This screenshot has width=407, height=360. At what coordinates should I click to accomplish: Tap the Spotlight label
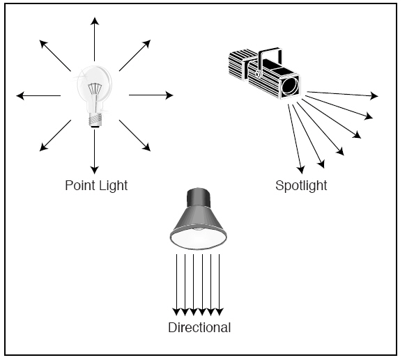coord(301,186)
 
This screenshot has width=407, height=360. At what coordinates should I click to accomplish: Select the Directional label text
coord(199,327)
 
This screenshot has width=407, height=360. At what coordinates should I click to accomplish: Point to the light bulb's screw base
coord(95,120)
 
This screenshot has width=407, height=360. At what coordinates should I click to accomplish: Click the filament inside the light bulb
coord(95,89)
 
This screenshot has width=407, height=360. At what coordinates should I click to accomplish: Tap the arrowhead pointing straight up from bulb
coord(95,21)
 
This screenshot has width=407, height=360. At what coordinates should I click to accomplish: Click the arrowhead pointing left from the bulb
coord(20,95)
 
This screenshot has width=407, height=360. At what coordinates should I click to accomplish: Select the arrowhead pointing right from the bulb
coord(169,95)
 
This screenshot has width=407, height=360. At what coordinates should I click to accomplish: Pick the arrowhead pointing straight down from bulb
coord(95,170)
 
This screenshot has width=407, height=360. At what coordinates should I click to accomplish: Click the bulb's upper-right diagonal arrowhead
coord(147,44)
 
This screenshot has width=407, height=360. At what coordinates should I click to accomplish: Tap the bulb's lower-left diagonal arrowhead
coord(43,147)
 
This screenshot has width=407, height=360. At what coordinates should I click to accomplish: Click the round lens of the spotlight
coord(290,86)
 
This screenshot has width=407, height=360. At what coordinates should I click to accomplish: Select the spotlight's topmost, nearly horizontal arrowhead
coord(374,95)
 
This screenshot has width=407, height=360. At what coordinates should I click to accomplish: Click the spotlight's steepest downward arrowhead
coord(301,170)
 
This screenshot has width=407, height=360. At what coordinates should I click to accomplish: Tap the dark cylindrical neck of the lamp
coord(198,198)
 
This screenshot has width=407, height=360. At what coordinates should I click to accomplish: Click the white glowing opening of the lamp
coord(199,239)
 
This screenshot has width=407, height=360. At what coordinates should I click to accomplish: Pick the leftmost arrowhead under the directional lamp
coord(176,312)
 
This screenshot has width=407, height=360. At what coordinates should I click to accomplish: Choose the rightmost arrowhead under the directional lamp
coord(220,312)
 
